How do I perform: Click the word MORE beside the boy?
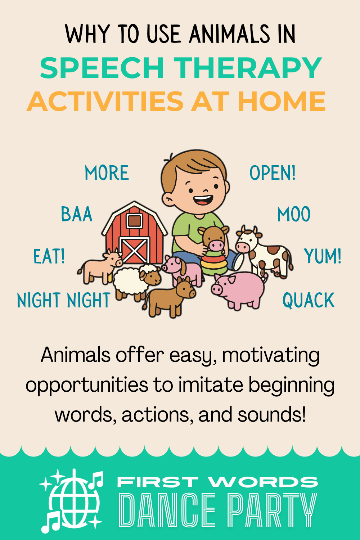[x=107, y=173]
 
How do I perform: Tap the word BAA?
[x=77, y=215]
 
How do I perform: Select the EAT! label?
[x=49, y=257]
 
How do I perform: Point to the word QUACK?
[x=309, y=301]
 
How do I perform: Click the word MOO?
[x=294, y=215]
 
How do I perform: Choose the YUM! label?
[x=323, y=257]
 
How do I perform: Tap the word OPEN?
[x=273, y=173]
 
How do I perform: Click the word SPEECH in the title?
[x=102, y=68]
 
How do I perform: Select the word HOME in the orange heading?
[x=282, y=101]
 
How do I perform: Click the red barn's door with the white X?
[x=134, y=250]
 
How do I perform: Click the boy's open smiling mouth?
[x=203, y=199]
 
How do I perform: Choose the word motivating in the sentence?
[x=271, y=355]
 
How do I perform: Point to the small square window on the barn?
[x=134, y=220]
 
